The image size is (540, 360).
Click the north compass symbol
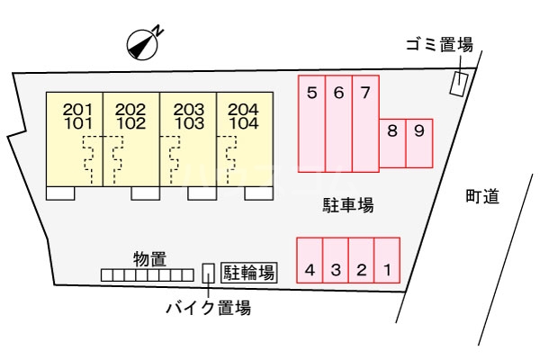[x=142, y=45]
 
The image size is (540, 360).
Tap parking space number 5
[x=311, y=123]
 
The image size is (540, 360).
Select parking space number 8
[x=392, y=143]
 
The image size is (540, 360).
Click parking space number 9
[x=419, y=143]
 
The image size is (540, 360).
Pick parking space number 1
[x=387, y=260]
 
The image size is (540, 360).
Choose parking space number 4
[x=310, y=260]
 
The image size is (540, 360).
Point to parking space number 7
[x=365, y=123]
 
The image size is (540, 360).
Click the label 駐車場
[x=347, y=205]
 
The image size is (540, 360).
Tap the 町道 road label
[x=482, y=197]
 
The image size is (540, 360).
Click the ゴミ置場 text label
[x=439, y=45]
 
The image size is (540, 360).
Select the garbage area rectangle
[x=460, y=84]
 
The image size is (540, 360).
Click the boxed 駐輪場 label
[x=249, y=273]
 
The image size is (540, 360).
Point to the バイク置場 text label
[x=209, y=307]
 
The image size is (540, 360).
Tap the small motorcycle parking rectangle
[x=208, y=274]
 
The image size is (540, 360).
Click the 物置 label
[x=150, y=259]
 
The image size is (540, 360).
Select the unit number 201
[x=77, y=110]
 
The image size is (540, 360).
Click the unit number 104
[x=244, y=123]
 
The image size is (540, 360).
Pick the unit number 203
[x=189, y=110]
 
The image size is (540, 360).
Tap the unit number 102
[x=130, y=123]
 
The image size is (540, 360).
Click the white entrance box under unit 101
[x=60, y=193]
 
